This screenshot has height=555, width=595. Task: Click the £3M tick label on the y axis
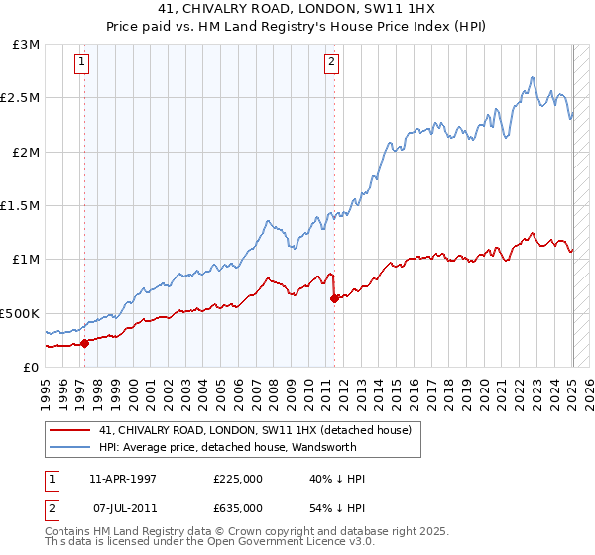tap(26, 45)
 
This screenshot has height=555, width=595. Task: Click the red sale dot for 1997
tap(84, 343)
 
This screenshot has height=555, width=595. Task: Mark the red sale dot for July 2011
tap(334, 298)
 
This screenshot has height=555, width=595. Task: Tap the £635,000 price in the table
tap(237, 507)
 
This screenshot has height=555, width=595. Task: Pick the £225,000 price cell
tap(237, 479)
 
